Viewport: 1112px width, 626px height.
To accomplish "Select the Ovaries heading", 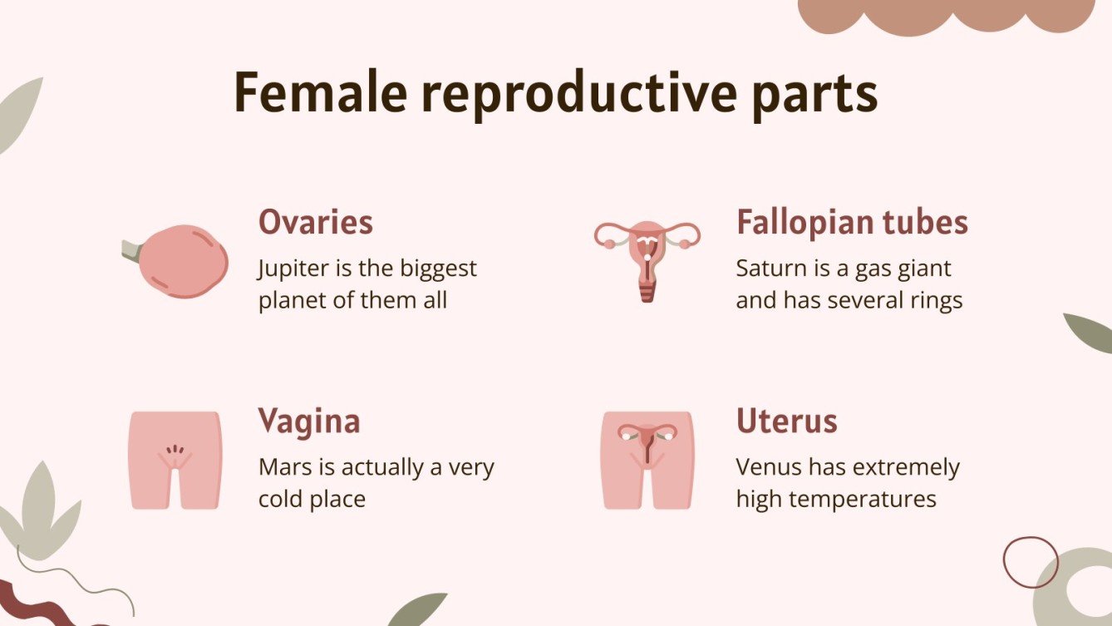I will tap(316, 222).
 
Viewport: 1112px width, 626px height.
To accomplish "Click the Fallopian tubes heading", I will tap(852, 222).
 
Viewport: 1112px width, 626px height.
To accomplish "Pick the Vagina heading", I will tap(309, 421).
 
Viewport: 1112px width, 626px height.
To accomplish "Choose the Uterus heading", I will tap(786, 421).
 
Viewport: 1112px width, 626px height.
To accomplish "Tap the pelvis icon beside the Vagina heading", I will tap(175, 460).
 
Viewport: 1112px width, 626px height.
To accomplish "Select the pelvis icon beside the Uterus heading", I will tap(647, 460).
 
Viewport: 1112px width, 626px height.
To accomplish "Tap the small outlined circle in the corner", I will tap(1031, 563).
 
